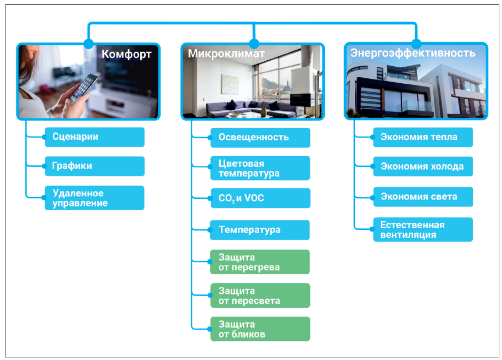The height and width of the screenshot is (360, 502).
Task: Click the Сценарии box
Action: [x=94, y=137]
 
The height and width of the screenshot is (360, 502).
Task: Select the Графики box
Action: [x=94, y=166]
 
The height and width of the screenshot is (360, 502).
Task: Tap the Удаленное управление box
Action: [x=94, y=198]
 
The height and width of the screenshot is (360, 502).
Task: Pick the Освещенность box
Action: [x=260, y=138]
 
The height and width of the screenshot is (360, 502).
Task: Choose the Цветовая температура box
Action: [x=260, y=168]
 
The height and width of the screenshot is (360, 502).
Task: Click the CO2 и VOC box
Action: [x=260, y=198]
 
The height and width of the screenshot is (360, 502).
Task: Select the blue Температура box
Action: [x=260, y=230]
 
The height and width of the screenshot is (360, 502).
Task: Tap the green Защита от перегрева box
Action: [x=260, y=262]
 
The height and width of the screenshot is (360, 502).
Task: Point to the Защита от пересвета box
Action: [x=260, y=295]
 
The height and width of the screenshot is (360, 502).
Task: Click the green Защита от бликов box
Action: [x=260, y=329]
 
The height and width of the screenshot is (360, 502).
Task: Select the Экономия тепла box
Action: [x=423, y=137]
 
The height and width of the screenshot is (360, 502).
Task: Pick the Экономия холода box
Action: [x=423, y=166]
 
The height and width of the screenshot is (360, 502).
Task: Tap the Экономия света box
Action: [x=423, y=197]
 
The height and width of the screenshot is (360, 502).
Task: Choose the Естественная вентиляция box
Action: [x=423, y=229]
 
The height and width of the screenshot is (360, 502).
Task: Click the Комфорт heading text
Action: [x=126, y=54]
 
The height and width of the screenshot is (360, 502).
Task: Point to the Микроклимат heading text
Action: [x=226, y=53]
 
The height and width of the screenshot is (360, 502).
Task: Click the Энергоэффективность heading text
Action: [x=413, y=53]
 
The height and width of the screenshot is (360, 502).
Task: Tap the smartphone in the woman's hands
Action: [x=84, y=87]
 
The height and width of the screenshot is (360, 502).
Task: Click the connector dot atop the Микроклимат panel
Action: [x=254, y=44]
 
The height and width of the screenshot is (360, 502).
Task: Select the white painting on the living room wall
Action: [x=230, y=84]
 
